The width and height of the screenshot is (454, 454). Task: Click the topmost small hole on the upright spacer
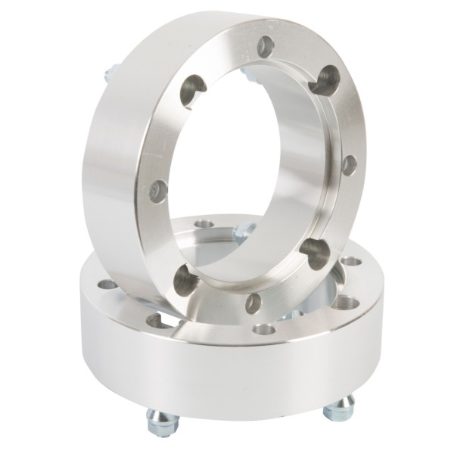point(265,47)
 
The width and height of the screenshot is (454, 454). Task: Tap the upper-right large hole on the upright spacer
point(325,79)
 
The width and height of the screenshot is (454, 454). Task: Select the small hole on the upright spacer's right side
point(349,164)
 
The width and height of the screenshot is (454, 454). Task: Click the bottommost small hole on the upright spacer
point(253,303)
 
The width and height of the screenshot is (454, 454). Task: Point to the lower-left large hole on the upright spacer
point(186,281)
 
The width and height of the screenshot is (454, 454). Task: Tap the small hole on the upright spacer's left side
point(158,191)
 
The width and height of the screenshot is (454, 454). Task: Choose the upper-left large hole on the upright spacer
point(193,91)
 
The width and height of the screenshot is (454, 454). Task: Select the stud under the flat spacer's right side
point(338,409)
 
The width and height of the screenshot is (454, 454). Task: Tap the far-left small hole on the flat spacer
point(107,285)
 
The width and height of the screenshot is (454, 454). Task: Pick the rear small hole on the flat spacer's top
point(204,224)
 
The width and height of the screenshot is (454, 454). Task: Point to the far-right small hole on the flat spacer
point(350,261)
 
